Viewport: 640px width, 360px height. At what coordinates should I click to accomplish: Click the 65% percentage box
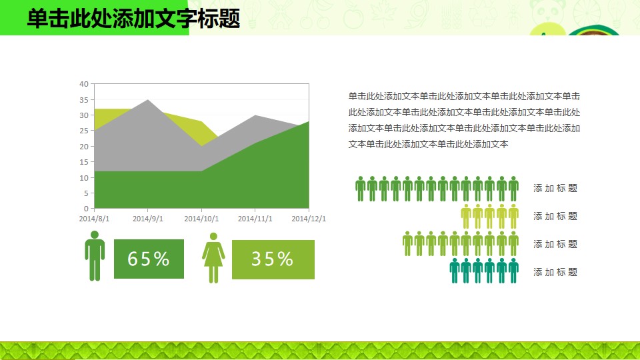point(149,259)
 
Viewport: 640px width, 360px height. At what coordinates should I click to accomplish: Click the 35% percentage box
point(273,259)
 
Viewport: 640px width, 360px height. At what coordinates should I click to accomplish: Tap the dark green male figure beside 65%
point(95,256)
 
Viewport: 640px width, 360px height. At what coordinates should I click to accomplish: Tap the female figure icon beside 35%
point(213,258)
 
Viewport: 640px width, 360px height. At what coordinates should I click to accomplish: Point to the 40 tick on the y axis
point(84,84)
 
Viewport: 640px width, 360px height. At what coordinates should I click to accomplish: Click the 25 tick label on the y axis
point(84,131)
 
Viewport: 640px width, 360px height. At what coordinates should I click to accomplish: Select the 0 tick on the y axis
point(86,209)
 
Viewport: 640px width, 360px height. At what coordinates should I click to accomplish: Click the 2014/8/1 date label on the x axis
point(94,219)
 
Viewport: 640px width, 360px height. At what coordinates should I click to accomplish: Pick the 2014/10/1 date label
point(201,219)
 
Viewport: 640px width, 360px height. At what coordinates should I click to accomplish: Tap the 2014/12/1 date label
point(309,219)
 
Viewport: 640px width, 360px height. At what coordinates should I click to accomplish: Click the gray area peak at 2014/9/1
point(148,100)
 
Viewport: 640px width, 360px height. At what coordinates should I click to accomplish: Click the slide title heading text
point(133,19)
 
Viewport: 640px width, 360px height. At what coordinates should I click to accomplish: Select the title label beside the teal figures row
point(555,272)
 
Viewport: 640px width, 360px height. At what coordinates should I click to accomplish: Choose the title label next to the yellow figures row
point(555,216)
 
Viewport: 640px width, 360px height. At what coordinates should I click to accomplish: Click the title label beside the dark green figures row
point(555,188)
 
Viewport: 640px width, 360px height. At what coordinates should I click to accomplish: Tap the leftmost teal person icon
point(454,271)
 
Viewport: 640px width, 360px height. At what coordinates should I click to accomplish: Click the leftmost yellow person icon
point(466,216)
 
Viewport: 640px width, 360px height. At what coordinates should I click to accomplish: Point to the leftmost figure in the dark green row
point(360,189)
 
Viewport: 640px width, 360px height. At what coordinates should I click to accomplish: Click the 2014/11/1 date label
point(255,219)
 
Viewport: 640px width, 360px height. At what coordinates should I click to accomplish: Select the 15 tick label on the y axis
point(84,162)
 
